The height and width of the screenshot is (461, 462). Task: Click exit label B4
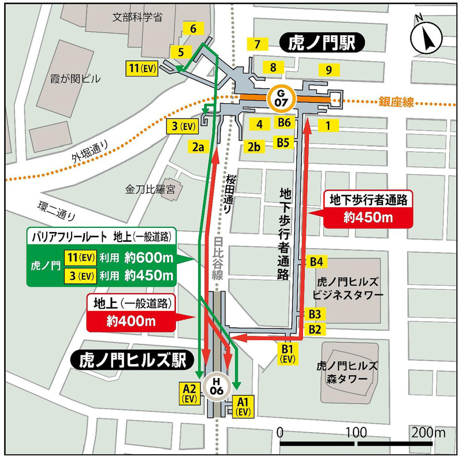tap(315, 261)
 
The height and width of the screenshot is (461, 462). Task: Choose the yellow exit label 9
tap(328, 70)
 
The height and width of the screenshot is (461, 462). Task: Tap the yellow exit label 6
tap(193, 28)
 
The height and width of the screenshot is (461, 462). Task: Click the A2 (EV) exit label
tap(191, 392)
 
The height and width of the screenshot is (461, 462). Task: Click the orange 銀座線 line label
tap(396, 102)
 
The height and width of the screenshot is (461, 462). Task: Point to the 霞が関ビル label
tap(76, 79)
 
